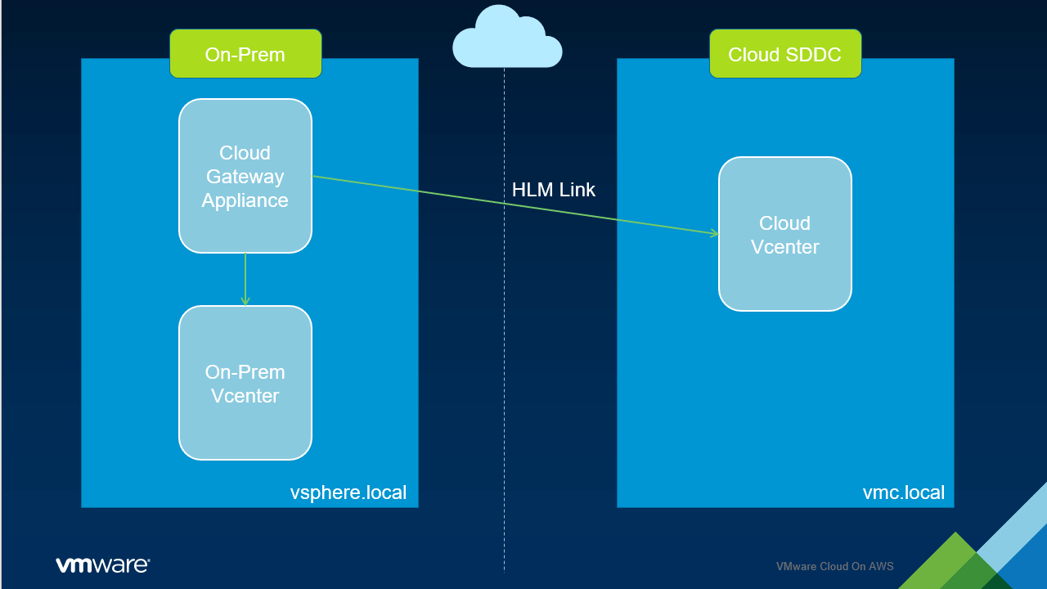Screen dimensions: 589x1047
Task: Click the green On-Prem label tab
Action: (245, 54)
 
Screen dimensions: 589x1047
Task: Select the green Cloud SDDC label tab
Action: (784, 54)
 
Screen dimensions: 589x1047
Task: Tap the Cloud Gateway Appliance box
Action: (245, 176)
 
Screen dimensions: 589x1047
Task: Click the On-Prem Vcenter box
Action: (245, 383)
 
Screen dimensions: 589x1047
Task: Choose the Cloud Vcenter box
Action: (784, 234)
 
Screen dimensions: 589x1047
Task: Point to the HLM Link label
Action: (553, 190)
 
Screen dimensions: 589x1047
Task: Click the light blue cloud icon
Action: (507, 38)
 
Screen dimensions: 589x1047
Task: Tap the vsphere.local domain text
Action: (348, 492)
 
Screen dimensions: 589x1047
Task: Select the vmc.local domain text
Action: (903, 492)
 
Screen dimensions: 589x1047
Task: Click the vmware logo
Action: (102, 564)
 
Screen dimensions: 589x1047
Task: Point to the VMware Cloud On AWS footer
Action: (834, 566)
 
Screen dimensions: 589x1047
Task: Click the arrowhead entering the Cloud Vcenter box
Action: (715, 234)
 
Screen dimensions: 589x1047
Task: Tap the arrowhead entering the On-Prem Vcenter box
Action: (245, 302)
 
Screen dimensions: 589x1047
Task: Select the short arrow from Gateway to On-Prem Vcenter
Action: (245, 278)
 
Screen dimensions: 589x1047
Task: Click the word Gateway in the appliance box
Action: (245, 177)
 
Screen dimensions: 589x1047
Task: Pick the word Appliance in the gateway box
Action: (245, 200)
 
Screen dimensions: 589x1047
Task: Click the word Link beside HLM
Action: (577, 190)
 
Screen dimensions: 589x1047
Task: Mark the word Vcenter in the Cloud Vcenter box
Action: (784, 246)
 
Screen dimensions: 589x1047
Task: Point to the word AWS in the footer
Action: (883, 566)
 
